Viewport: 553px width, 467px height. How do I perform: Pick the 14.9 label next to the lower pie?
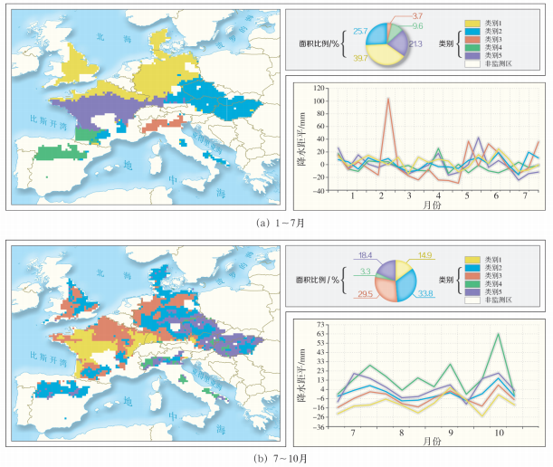point(428,256)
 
